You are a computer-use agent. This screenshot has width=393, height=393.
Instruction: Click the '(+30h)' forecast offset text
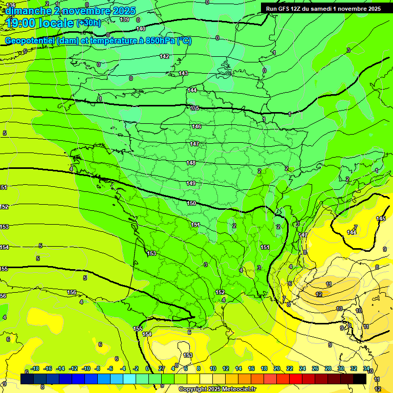[x=89, y=23]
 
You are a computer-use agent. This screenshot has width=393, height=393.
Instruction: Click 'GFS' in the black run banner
[x=288, y=9]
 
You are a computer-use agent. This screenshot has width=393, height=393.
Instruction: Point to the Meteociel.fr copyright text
[x=217, y=389]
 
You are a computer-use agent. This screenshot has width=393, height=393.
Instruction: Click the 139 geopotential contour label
[x=124, y=19]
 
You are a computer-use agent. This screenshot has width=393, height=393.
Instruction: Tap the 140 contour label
[x=141, y=29]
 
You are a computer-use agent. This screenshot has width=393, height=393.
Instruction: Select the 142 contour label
[x=164, y=56]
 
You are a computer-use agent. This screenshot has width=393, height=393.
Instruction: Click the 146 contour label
[x=196, y=126]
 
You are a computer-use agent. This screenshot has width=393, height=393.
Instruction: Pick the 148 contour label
[x=191, y=163]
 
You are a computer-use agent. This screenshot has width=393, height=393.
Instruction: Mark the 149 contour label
[x=191, y=183]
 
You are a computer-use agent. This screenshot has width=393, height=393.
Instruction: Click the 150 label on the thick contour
[x=191, y=203]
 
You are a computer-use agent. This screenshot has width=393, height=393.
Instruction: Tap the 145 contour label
[x=381, y=219]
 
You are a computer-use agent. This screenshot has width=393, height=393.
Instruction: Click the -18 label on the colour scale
[x=35, y=368]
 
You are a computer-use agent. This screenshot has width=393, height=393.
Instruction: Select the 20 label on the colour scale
[x=276, y=368]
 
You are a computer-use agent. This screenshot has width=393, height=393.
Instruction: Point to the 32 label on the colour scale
[x=354, y=368]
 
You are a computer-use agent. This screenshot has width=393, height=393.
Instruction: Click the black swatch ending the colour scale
[x=360, y=379]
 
